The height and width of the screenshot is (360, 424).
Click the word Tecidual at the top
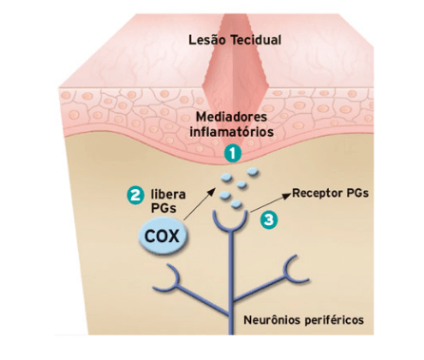click(256, 40)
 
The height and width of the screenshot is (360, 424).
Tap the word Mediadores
click(232, 117)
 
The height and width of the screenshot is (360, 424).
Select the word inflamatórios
click(232, 131)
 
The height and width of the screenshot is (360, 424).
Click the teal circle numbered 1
click(233, 154)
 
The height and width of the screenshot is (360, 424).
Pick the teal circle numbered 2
click(135, 195)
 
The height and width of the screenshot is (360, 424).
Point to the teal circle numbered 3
click(269, 219)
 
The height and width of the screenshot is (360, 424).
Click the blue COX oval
click(163, 237)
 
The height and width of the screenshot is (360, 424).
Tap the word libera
click(168, 194)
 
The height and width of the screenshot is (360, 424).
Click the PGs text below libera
click(164, 208)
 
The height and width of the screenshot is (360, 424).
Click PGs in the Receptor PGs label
click(357, 193)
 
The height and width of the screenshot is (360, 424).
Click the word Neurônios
click(272, 320)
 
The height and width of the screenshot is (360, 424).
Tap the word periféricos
click(335, 320)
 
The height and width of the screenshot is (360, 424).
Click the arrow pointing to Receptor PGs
click(270, 202)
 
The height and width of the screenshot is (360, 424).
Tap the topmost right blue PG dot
click(253, 172)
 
